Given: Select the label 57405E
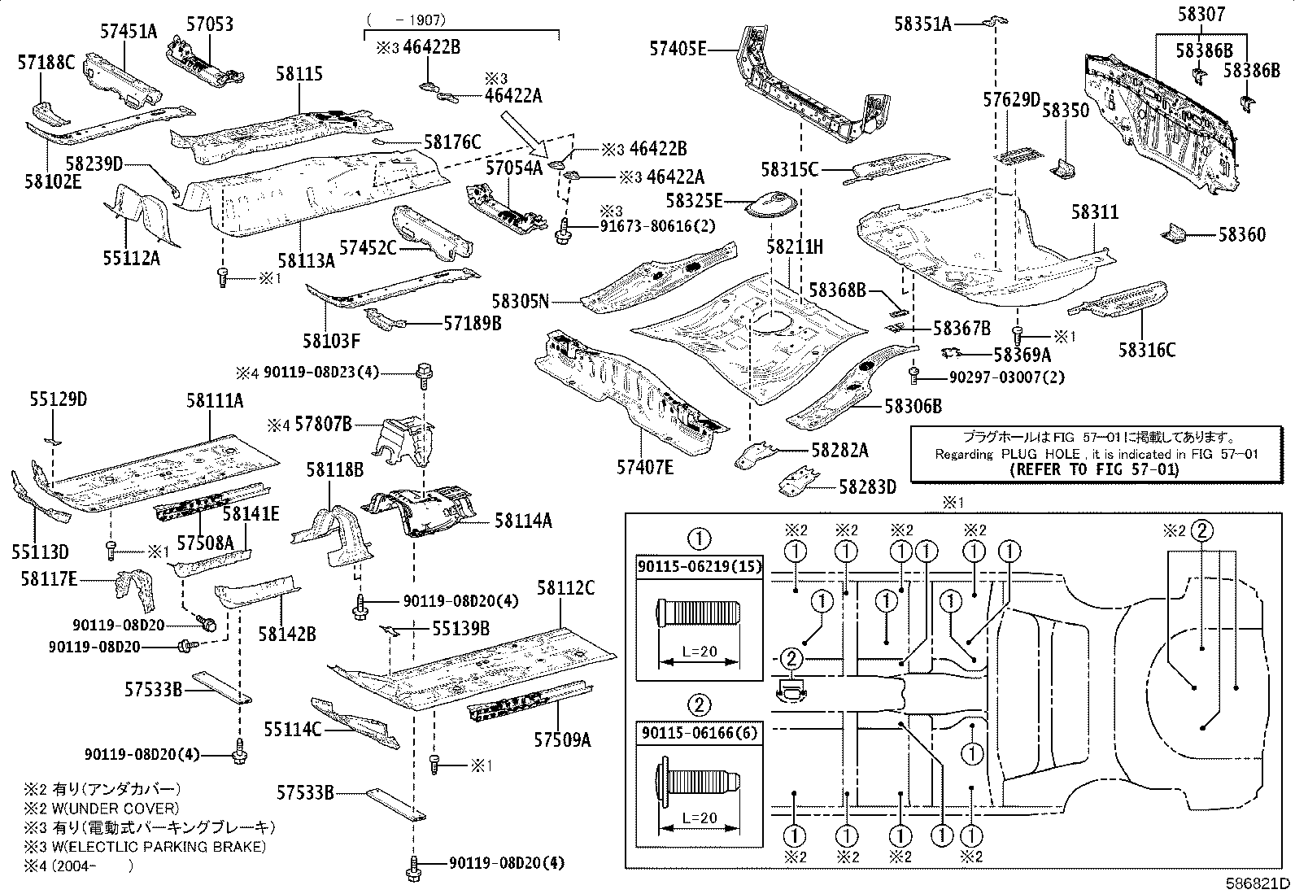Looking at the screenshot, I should (678, 48).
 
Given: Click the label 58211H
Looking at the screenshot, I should (795, 246).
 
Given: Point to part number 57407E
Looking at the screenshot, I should (645, 466).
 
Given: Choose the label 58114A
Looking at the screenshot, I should (522, 521).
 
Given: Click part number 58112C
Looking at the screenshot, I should (565, 588).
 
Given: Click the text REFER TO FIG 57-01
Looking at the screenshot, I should (1093, 469).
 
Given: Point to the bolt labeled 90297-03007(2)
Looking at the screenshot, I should (914, 376).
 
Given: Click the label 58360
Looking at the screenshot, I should (1241, 235).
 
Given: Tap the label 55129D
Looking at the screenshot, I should (59, 399).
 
